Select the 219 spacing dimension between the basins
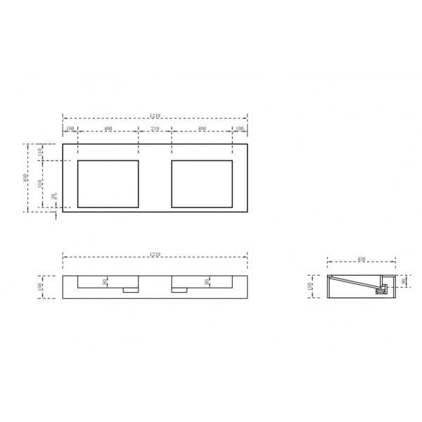pyautogui.click(x=155, y=129)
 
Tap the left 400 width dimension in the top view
pyautogui.click(x=108, y=129)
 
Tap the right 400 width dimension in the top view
pyautogui.click(x=202, y=129)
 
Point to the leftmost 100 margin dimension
pyautogui.click(x=70, y=129)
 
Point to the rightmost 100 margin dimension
pyautogui.click(x=240, y=129)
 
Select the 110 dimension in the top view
pyautogui.click(x=41, y=152)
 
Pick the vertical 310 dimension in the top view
pyautogui.click(x=41, y=184)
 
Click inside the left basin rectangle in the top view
pyautogui.click(x=107, y=184)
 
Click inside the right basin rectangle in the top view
pyautogui.click(x=202, y=184)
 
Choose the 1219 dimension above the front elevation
pyautogui.click(x=155, y=254)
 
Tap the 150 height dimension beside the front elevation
pyautogui.click(x=41, y=286)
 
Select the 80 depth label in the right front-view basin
pyautogui.click(x=206, y=282)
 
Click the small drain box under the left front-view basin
pyautogui.click(x=129, y=289)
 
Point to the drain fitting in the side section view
pyautogui.click(x=383, y=288)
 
